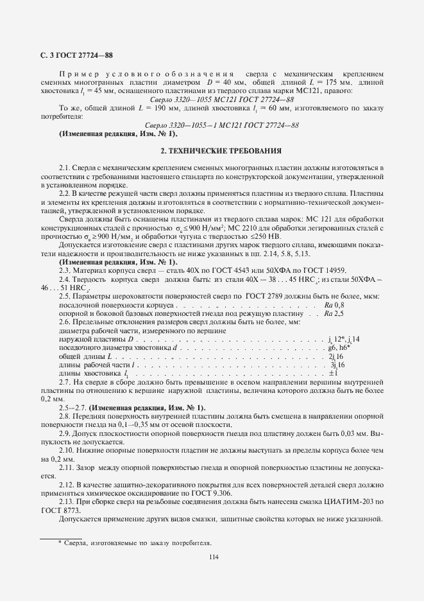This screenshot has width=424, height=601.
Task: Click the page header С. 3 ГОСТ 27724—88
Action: pos(78,55)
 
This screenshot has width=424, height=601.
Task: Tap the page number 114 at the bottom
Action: pos(214,557)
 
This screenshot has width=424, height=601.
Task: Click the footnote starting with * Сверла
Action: pos(135,543)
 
